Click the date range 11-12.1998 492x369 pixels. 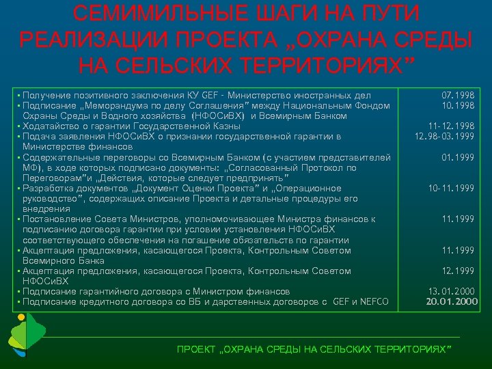[x=451, y=126]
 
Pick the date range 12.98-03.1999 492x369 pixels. [x=444, y=136]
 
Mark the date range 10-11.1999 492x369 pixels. [x=451, y=188]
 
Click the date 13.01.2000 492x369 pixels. [x=451, y=291]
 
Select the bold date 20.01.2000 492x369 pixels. [x=451, y=301]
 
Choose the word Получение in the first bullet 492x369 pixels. [x=46, y=95]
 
